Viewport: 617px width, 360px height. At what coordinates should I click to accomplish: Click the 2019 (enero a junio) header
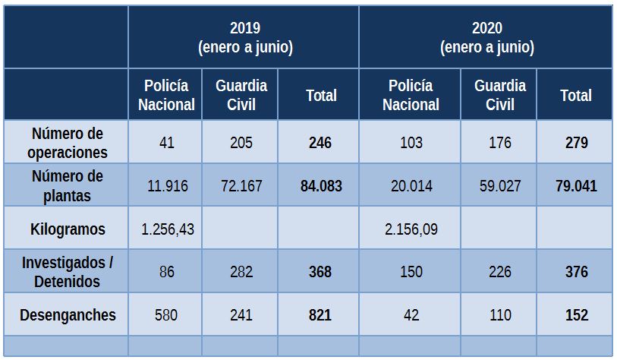(x=244, y=38)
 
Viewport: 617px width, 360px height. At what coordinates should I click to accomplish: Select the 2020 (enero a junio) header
(x=486, y=38)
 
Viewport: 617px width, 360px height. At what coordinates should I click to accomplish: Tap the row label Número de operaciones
(x=67, y=143)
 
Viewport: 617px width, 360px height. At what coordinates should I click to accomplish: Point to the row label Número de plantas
(x=67, y=185)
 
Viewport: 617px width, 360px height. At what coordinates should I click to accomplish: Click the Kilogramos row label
(x=67, y=229)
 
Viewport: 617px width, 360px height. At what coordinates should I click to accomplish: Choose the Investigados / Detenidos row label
(x=67, y=271)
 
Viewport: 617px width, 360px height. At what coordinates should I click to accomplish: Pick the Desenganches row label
(x=67, y=314)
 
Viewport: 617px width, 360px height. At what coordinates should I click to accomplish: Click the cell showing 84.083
(x=320, y=185)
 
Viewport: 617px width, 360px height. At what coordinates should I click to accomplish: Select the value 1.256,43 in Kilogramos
(x=167, y=229)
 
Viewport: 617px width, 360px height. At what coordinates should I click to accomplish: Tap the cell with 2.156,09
(x=411, y=229)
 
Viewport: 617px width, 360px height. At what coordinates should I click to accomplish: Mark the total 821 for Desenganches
(x=320, y=314)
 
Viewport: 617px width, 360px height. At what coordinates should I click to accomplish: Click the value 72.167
(x=241, y=185)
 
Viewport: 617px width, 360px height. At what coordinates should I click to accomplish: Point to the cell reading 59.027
(x=500, y=185)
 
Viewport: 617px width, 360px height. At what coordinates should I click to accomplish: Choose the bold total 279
(x=576, y=143)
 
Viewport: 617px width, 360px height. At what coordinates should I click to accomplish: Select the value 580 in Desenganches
(x=167, y=314)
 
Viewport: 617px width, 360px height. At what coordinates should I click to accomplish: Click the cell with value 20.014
(x=411, y=185)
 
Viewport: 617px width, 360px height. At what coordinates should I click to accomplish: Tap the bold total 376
(x=576, y=271)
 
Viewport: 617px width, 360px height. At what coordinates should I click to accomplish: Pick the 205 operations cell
(x=241, y=143)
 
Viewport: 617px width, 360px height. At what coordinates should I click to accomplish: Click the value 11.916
(x=167, y=185)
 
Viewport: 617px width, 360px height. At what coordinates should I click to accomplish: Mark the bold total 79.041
(x=576, y=185)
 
